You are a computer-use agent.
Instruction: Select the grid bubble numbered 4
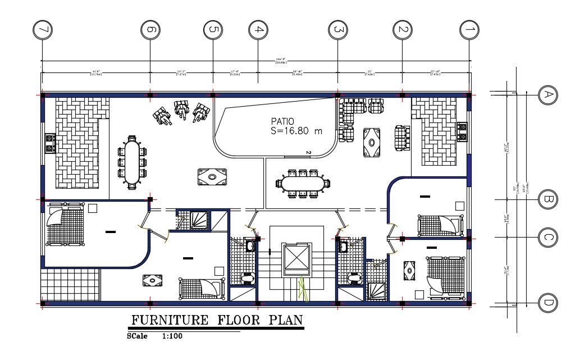pyautogui.click(x=258, y=30)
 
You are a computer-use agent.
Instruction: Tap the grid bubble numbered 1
pyautogui.click(x=469, y=30)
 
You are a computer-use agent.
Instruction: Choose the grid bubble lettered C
pyautogui.click(x=546, y=238)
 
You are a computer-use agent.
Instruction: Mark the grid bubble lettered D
pyautogui.click(x=546, y=304)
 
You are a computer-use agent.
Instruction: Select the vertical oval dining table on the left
pyautogui.click(x=132, y=162)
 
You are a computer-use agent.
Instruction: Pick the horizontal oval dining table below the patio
pyautogui.click(x=303, y=183)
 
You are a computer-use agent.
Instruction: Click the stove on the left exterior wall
pyautogui.click(x=49, y=144)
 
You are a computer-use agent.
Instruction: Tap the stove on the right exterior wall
pyautogui.click(x=463, y=131)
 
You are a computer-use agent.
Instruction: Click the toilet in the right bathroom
pyautogui.click(x=353, y=278)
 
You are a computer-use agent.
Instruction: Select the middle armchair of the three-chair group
pyautogui.click(x=181, y=110)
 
